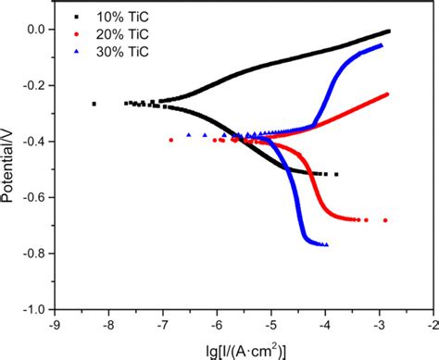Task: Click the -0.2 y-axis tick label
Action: pos(33,85)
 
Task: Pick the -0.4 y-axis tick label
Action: pos(33,142)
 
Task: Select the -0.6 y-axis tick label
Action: pos(33,197)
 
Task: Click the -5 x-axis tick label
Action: pos(270,324)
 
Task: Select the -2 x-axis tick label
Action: pos(432,324)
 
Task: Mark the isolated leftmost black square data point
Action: pos(94,104)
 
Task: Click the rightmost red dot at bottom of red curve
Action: pos(385,220)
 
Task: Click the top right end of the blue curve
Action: pos(381,44)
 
